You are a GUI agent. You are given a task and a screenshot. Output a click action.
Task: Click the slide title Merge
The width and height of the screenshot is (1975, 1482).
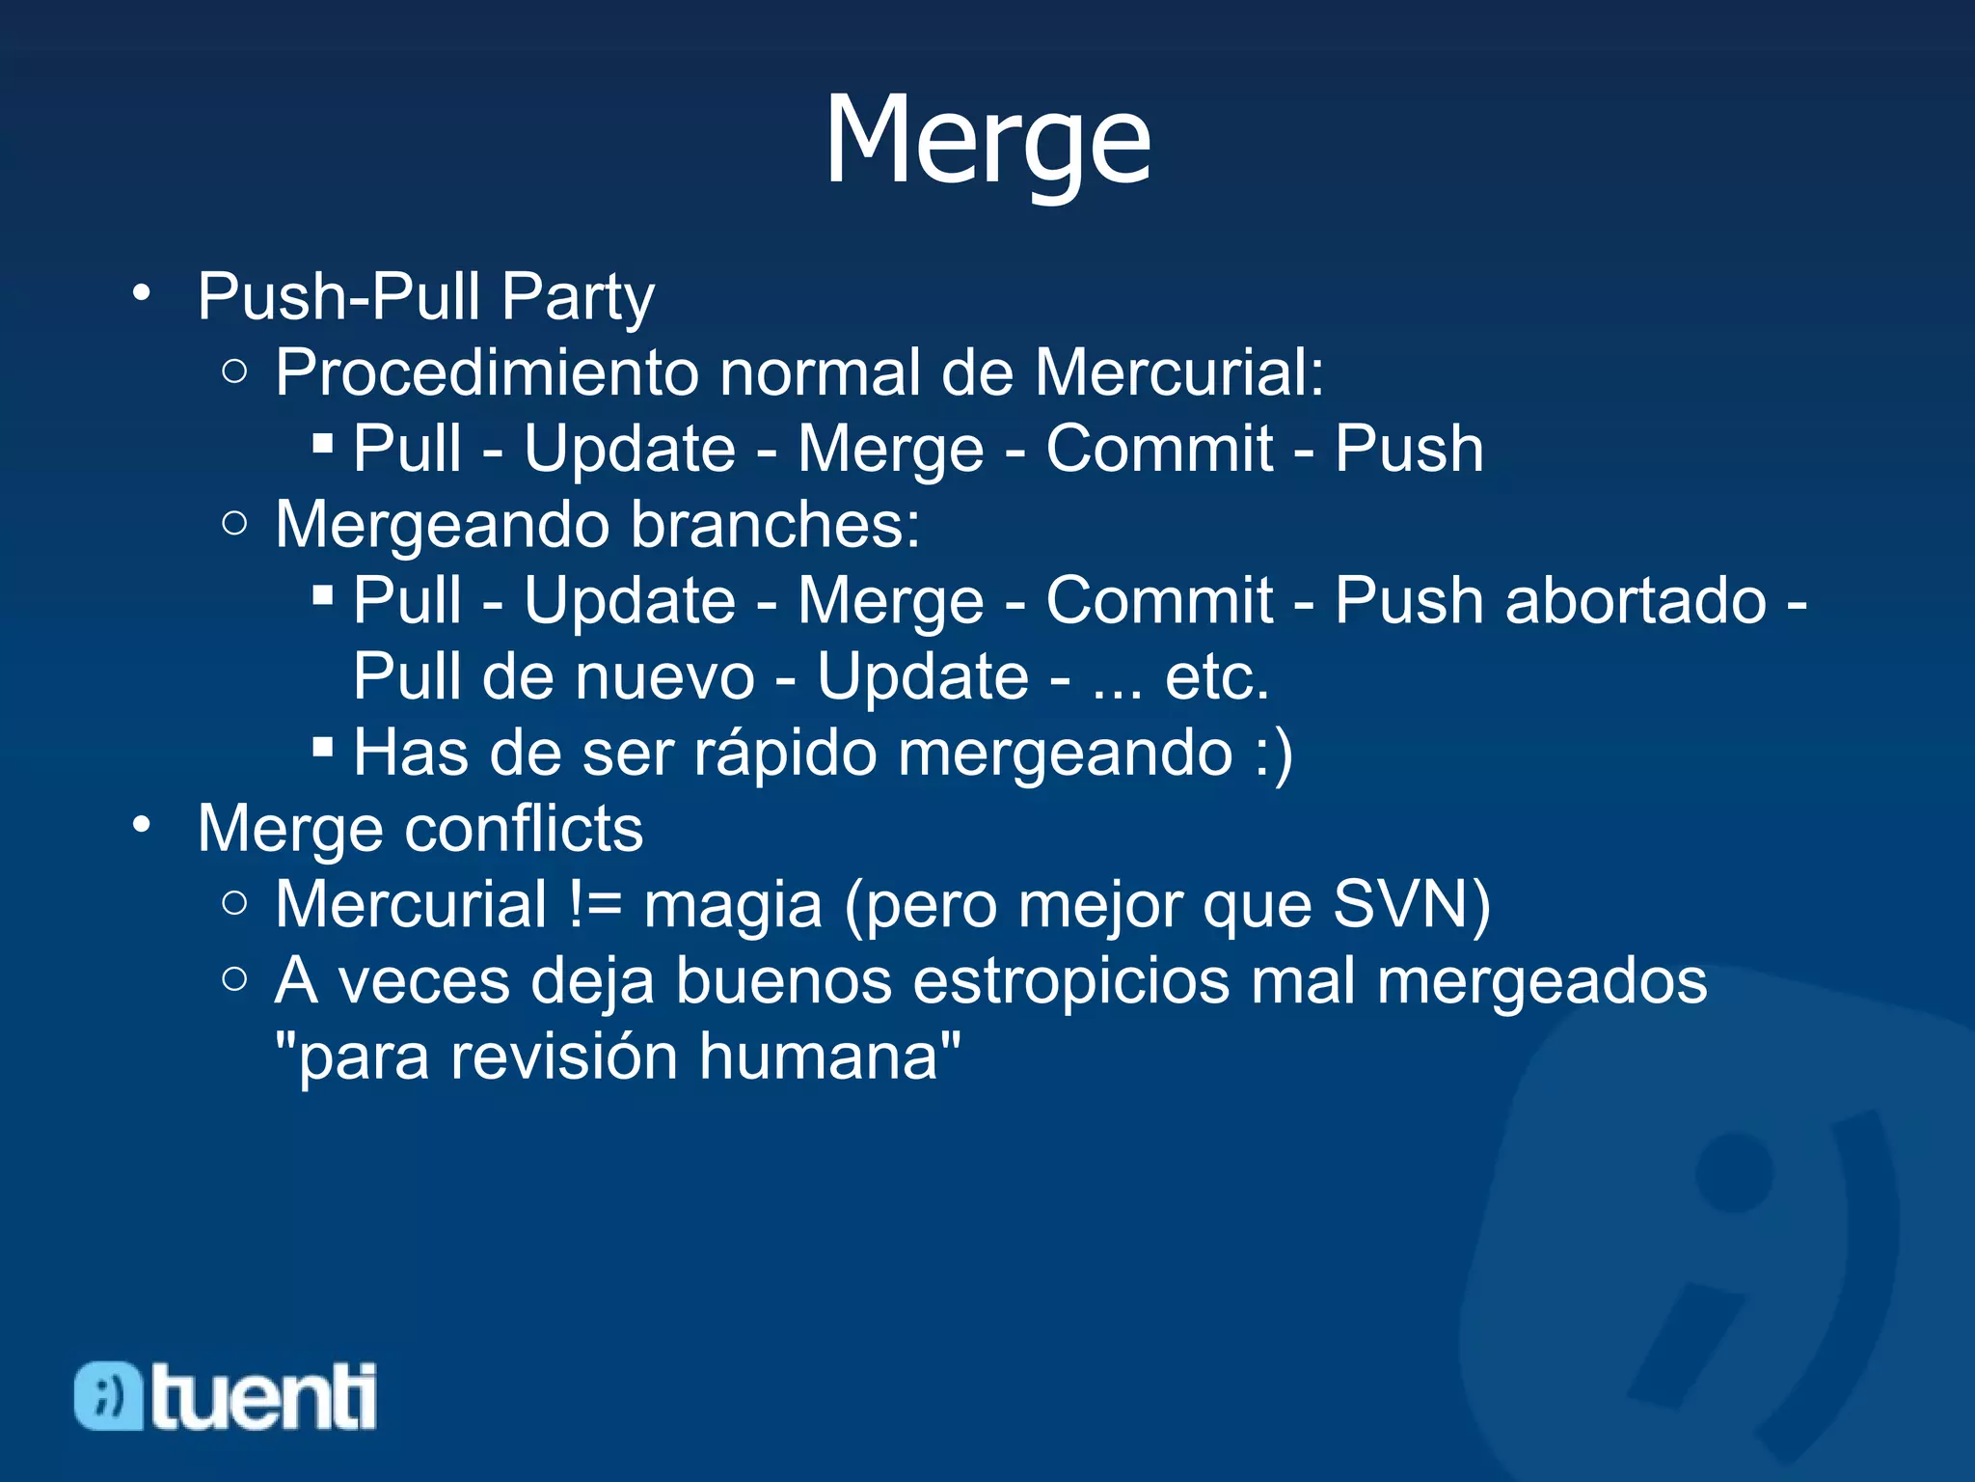(x=987, y=140)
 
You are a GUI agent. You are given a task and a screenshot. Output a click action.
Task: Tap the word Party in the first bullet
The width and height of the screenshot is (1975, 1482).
(x=577, y=297)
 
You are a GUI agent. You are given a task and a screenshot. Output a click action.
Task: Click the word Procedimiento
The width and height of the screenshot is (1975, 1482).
(x=486, y=372)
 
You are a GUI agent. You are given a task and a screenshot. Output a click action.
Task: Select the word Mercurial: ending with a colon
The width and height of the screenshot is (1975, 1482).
(x=1178, y=372)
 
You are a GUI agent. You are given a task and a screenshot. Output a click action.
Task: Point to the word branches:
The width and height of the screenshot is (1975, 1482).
(x=775, y=526)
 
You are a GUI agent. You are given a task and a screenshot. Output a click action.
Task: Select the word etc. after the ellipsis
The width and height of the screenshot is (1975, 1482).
(x=1217, y=677)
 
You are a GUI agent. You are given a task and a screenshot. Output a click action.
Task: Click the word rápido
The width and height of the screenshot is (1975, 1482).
(x=785, y=753)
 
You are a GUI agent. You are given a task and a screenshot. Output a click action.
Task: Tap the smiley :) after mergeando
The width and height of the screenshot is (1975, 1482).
(x=1274, y=753)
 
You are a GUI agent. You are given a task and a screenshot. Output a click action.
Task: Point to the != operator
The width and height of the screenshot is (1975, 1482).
(x=595, y=905)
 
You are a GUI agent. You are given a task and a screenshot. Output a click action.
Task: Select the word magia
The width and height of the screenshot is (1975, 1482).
(x=733, y=905)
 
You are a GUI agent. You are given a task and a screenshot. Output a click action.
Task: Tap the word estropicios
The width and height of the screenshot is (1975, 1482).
(x=1070, y=981)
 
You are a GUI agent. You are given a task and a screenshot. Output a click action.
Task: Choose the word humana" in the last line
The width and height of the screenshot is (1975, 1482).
(x=829, y=1057)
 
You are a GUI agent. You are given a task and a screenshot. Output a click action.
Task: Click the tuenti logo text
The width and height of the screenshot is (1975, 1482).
(x=263, y=1396)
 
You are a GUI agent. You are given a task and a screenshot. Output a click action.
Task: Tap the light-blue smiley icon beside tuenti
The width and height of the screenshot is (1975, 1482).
(x=108, y=1396)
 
